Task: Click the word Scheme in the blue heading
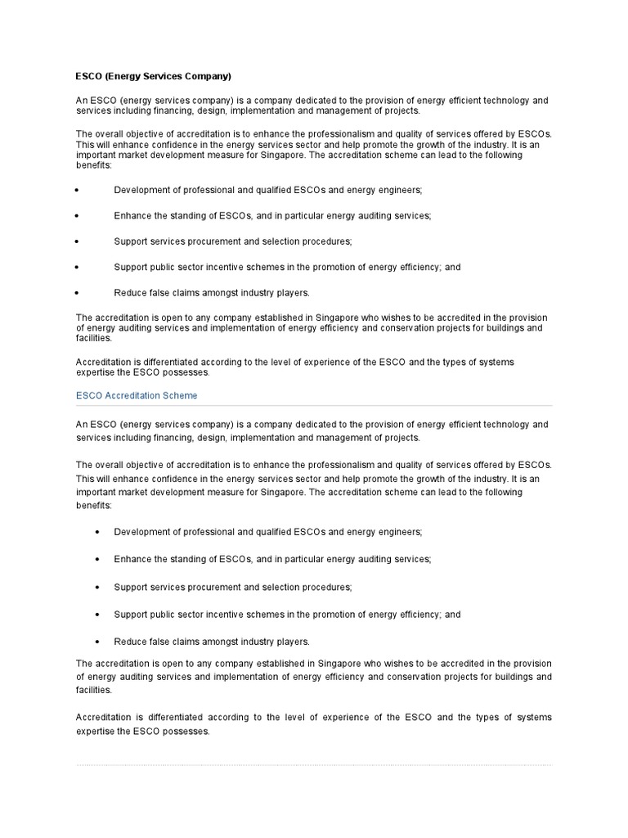click(181, 395)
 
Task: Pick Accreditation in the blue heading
click(132, 395)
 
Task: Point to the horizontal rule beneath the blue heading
click(314, 405)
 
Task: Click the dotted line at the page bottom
click(314, 765)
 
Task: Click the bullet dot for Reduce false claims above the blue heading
click(77, 293)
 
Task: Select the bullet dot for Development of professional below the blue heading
click(97, 532)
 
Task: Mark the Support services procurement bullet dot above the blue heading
click(77, 241)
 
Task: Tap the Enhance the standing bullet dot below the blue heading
click(97, 559)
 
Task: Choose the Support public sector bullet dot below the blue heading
click(97, 615)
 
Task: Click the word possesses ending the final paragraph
click(186, 732)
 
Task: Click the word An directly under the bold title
click(82, 100)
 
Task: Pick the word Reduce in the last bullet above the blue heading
click(130, 293)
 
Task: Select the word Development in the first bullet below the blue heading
click(141, 532)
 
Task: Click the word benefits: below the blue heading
click(93, 506)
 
